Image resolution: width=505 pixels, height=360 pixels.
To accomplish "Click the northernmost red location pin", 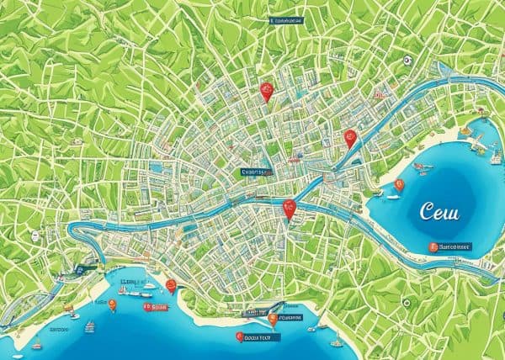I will point(266,92).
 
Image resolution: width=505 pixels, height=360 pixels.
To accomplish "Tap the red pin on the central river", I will point(290,209).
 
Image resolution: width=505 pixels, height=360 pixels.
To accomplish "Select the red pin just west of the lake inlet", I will point(351,138).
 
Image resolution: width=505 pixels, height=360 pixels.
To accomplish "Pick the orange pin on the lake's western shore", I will point(399,184).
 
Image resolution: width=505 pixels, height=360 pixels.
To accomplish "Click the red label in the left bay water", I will point(155,308).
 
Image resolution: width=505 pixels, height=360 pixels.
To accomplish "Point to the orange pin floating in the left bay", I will point(113,304).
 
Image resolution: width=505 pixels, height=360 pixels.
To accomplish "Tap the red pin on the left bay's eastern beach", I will point(171,286).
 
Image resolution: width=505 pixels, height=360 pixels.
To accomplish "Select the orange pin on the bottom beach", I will point(273,319).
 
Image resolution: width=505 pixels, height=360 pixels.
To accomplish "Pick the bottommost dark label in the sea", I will point(258,337).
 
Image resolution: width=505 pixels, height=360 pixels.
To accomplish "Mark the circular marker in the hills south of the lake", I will point(407,300).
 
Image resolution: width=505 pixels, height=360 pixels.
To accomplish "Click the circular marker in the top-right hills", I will point(407,61).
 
